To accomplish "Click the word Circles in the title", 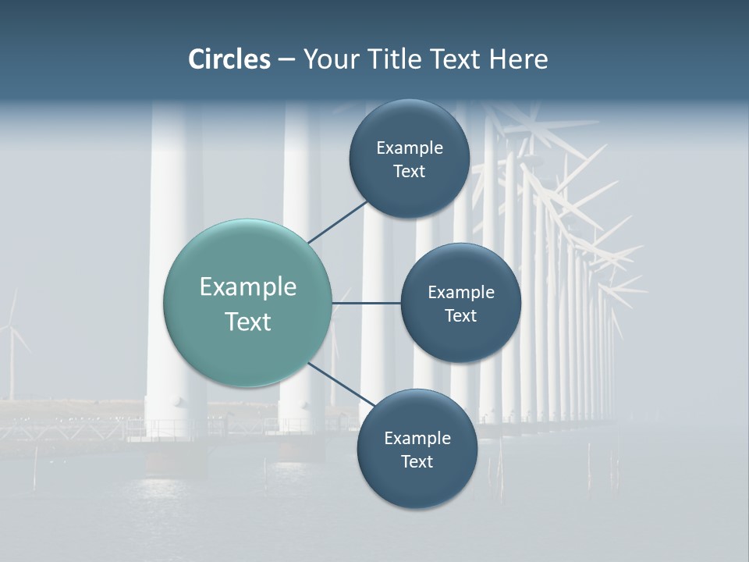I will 229,59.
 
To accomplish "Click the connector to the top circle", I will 337,222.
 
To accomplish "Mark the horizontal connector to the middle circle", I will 366,303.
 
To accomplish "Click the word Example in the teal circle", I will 248,287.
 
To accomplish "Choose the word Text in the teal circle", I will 248,322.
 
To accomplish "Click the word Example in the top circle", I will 410,148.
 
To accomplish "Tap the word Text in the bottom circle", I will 417,461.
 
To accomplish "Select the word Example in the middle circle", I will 461,293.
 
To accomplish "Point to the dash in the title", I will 286,60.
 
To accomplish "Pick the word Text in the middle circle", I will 460,315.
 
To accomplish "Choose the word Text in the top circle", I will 409,172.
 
